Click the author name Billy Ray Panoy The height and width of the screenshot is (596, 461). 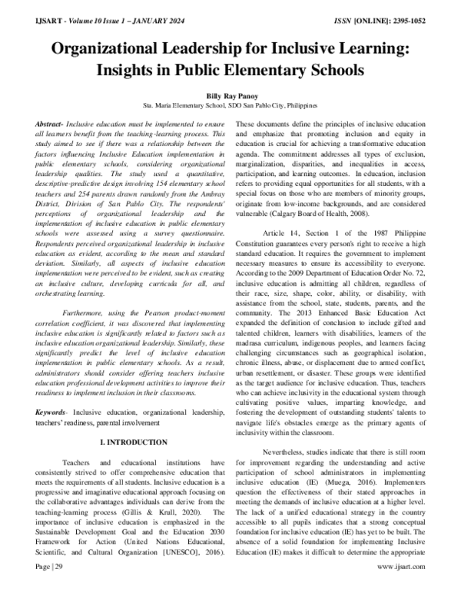pyautogui.click(x=230, y=96)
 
